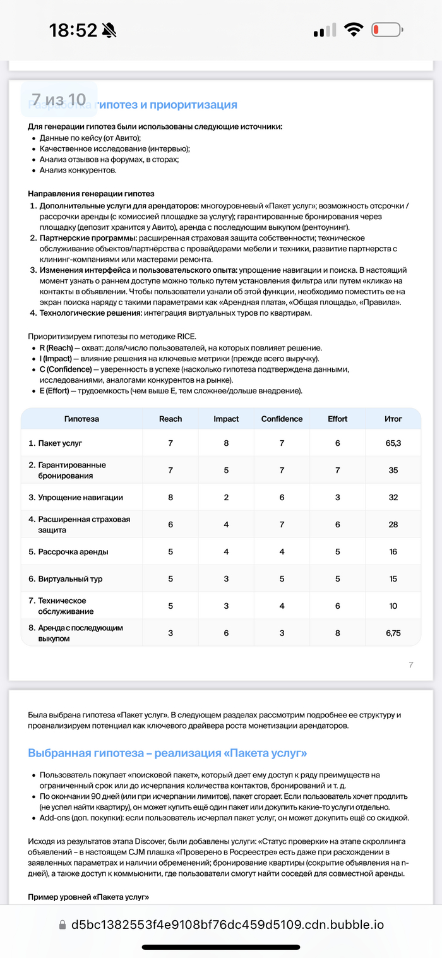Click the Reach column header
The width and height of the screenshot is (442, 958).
click(170, 419)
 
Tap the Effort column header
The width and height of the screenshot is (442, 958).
click(337, 419)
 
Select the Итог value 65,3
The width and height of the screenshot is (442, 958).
click(393, 443)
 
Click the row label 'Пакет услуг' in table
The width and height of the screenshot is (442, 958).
click(60, 443)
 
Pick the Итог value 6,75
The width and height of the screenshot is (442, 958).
click(393, 633)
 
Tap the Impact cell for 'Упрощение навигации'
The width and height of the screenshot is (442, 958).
click(226, 498)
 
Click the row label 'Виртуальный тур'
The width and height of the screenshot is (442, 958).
click(70, 578)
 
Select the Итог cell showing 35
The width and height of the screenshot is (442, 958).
click(393, 470)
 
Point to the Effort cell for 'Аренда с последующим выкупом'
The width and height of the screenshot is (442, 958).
click(337, 633)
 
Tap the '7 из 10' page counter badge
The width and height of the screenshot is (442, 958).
click(59, 99)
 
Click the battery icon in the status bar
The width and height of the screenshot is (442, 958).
click(386, 30)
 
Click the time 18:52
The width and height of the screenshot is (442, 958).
click(73, 30)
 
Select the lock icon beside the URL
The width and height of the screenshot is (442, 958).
click(62, 925)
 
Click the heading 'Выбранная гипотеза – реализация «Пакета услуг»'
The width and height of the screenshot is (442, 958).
click(167, 753)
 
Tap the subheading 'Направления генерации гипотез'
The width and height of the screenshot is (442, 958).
click(91, 194)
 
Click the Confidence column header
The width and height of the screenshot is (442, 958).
click(282, 419)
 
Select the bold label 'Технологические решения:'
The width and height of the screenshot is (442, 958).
click(91, 313)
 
